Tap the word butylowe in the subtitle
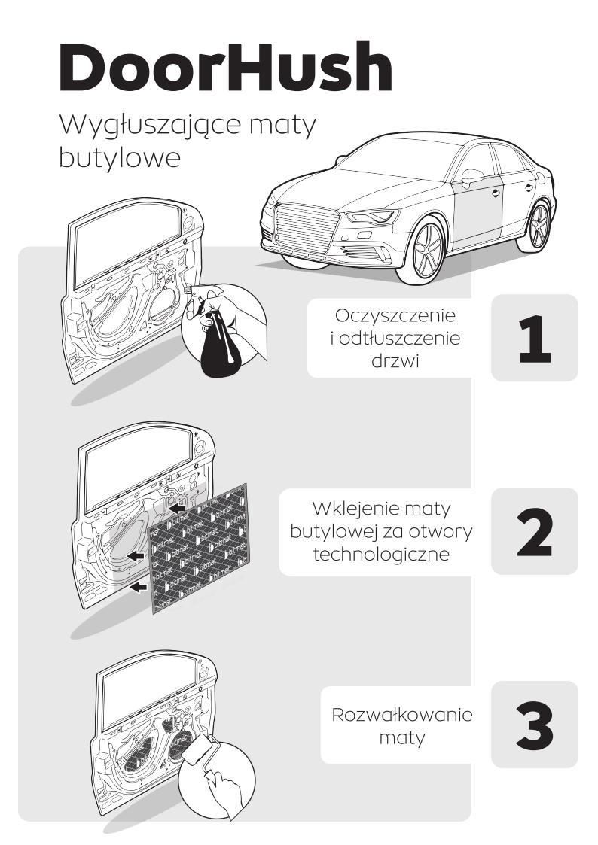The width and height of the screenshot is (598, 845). point(119,159)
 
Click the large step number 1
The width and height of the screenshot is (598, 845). point(535,339)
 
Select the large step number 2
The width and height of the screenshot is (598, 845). point(535,532)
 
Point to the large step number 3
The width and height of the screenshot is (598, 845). point(535,725)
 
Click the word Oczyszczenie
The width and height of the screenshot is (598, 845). point(395,315)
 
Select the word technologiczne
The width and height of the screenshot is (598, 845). point(381,554)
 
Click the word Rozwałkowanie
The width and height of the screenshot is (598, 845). point(402,715)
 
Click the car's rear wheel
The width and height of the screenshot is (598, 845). point(537,226)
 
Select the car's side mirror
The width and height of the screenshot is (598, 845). point(471,176)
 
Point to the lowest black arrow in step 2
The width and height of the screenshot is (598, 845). point(139,587)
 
